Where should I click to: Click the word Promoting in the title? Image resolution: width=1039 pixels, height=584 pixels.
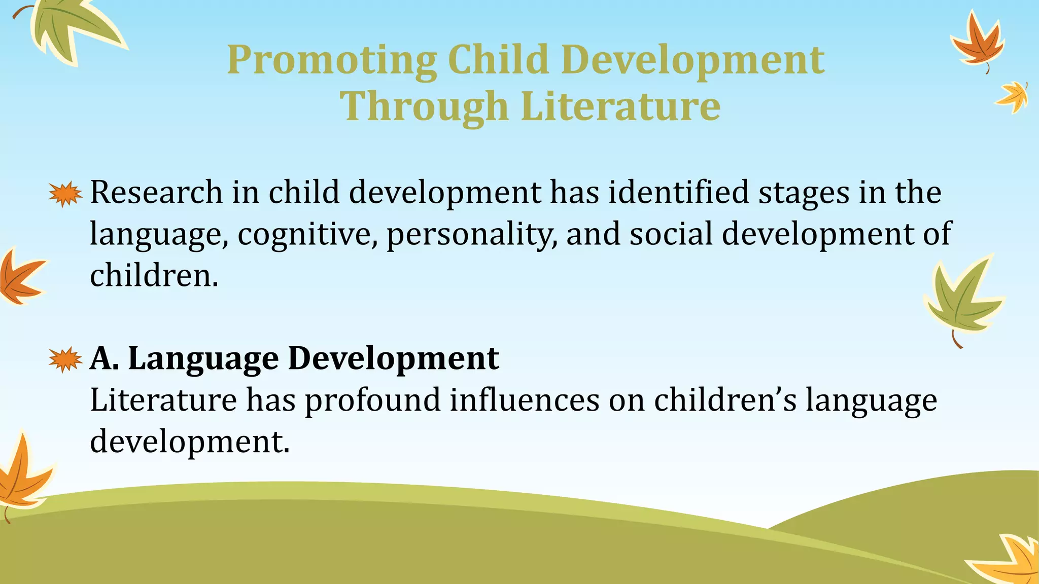click(331, 60)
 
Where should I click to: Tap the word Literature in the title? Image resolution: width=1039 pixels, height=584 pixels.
click(620, 106)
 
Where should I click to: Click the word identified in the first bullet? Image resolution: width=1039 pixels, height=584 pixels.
click(678, 193)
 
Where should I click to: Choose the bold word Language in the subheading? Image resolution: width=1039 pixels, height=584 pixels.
click(203, 359)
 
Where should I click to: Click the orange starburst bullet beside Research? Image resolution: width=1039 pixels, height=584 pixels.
click(65, 194)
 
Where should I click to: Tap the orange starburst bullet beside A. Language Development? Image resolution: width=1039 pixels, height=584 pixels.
click(65, 359)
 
